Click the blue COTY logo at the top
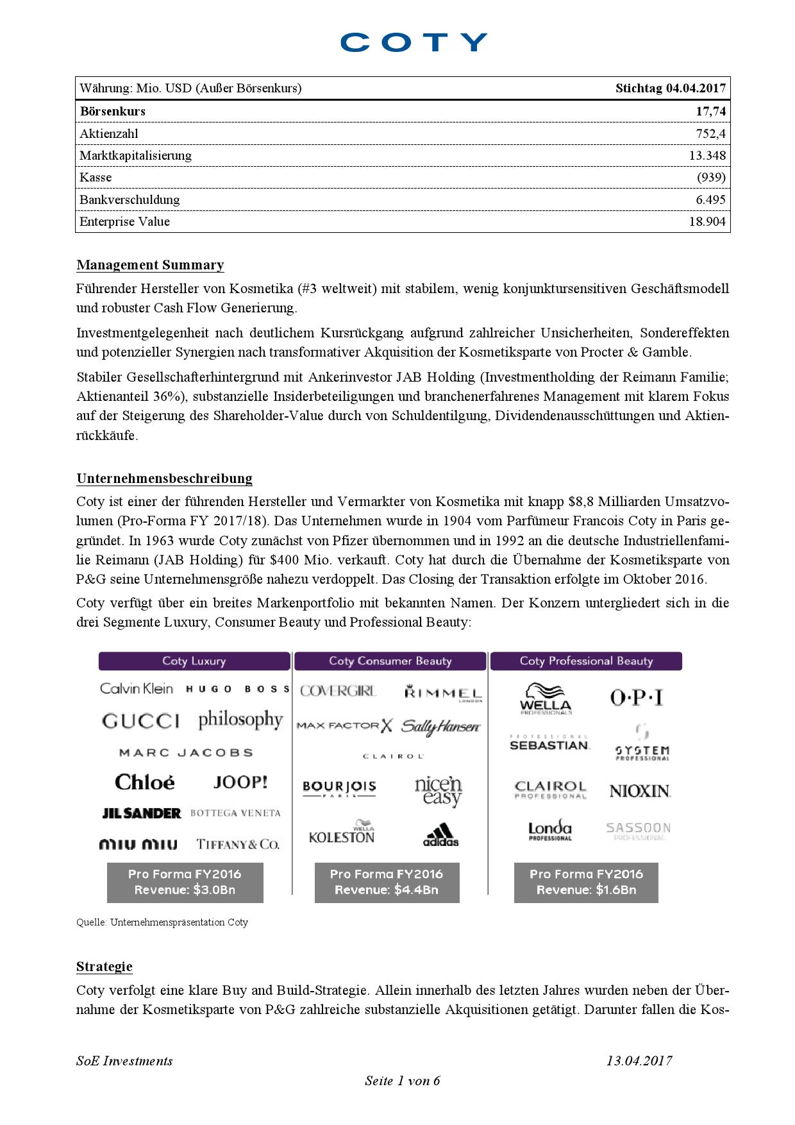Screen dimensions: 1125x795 tap(414, 42)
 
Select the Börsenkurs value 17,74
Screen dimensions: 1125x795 tap(710, 112)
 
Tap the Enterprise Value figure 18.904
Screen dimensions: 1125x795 tap(707, 222)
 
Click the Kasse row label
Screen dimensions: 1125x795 tap(96, 178)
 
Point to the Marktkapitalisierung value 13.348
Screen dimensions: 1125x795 tap(707, 156)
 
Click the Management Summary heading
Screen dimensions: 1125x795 tap(150, 265)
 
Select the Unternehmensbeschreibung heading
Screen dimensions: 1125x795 tap(164, 478)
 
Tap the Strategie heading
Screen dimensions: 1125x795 tap(104, 967)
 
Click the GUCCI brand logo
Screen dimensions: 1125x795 tap(141, 722)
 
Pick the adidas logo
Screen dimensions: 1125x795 tap(441, 834)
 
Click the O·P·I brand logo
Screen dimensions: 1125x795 tap(637, 697)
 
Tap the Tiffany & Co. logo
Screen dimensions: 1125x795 tap(238, 844)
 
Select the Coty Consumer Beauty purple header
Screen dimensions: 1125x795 tap(390, 661)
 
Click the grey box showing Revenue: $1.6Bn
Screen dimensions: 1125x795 tap(586, 882)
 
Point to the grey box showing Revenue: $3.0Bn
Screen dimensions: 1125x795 tap(185, 882)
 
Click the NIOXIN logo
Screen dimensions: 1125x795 tap(640, 791)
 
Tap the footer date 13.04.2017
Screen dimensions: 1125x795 tap(639, 1060)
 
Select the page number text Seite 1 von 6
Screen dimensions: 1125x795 tap(403, 1081)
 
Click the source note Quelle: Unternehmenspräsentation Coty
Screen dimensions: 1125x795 tap(162, 922)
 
